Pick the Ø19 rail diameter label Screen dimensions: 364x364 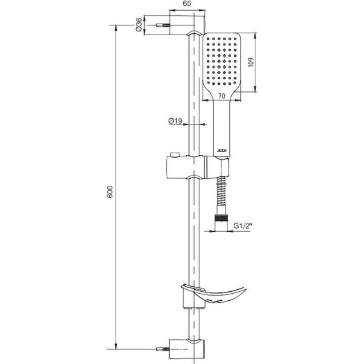click(x=176, y=121)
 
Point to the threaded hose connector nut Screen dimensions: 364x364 click(x=222, y=220)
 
